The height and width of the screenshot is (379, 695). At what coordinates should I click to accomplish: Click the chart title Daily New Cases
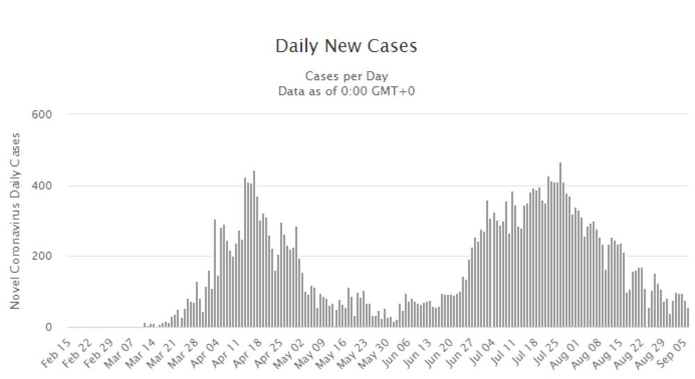point(346,46)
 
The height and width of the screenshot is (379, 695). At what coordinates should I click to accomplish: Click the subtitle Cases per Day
point(346,76)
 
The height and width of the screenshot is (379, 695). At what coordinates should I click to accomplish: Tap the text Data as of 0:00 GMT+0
point(346,91)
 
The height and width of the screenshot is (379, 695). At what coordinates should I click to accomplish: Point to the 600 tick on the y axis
point(41,115)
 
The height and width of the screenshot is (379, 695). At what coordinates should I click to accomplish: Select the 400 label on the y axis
point(41,186)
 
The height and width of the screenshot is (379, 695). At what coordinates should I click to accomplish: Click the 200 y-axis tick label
point(41,256)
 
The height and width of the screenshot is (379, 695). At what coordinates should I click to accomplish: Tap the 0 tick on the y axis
point(49,327)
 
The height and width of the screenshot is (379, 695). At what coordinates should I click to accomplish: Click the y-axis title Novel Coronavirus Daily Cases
point(15,221)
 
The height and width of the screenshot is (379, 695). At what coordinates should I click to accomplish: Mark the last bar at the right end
point(687,317)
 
